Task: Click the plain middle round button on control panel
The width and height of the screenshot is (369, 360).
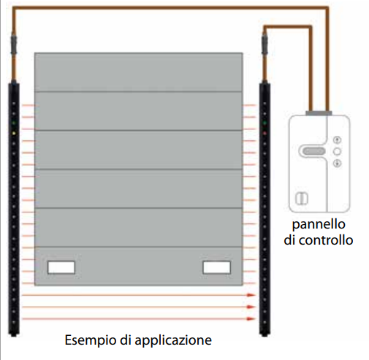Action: coord(337,150)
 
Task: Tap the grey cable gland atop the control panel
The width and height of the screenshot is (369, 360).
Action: coord(319,113)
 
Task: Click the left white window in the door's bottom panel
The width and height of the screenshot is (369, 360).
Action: coord(61,267)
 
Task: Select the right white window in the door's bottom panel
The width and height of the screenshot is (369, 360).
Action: coord(216,267)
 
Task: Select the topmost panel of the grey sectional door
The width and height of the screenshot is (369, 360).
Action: coord(139,72)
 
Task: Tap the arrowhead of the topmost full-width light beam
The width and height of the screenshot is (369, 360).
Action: coord(252,296)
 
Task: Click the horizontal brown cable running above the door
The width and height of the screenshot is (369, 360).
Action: coord(146,7)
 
